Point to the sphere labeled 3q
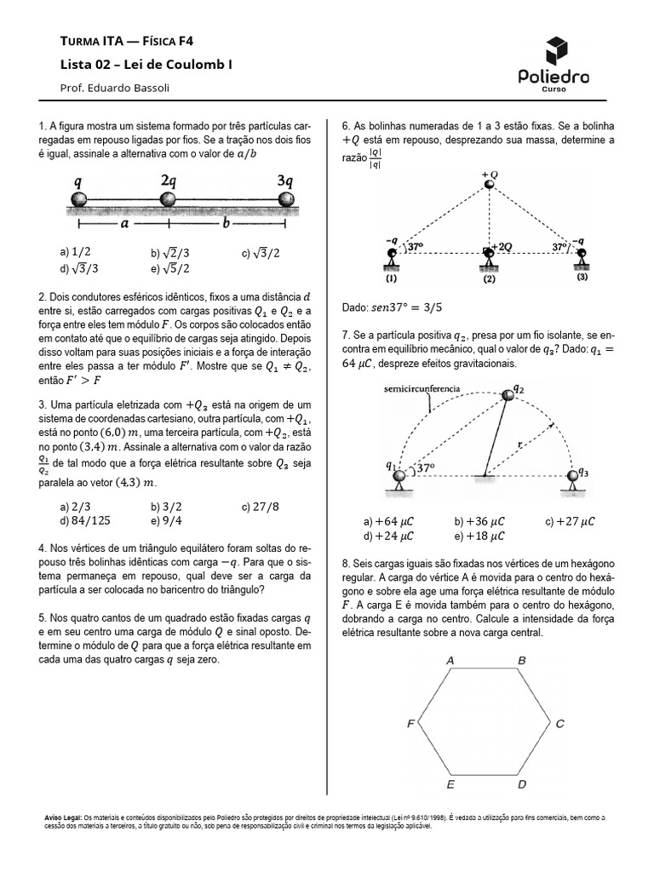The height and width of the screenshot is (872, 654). tap(287, 200)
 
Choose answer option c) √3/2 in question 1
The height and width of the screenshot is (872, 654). tap(260, 253)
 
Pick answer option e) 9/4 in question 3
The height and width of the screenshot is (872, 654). tap(165, 520)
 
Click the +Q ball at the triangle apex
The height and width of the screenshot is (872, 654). tap(489, 185)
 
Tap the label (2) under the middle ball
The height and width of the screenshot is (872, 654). tap(489, 278)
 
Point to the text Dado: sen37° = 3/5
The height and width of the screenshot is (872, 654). tap(396, 306)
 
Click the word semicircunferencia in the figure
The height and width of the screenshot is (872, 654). tap(422, 389)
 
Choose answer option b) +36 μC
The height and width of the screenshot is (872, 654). tap(480, 521)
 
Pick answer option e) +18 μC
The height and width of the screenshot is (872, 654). tap(480, 536)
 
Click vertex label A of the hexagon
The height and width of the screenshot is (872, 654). tap(450, 660)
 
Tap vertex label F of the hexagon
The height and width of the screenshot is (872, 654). tap(410, 724)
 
